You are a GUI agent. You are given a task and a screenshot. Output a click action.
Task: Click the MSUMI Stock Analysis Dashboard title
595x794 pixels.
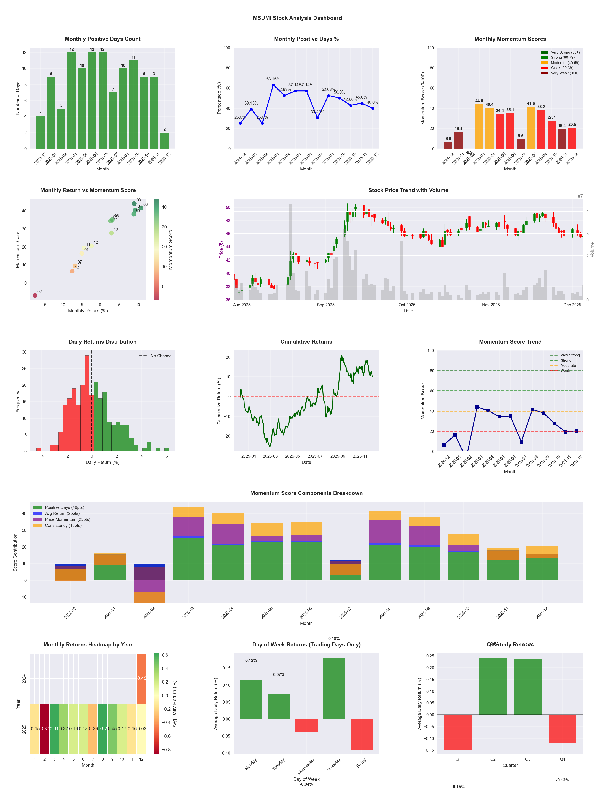[297, 18]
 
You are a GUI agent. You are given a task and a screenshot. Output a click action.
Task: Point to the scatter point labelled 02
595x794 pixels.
[35, 295]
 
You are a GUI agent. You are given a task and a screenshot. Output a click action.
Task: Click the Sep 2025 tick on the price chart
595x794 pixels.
[325, 305]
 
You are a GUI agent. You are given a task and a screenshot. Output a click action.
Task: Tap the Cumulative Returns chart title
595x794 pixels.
[306, 342]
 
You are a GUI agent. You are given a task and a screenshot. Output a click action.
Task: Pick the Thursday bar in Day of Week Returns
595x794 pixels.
[334, 689]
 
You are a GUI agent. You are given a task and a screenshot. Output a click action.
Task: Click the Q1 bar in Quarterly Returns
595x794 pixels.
[458, 732]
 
